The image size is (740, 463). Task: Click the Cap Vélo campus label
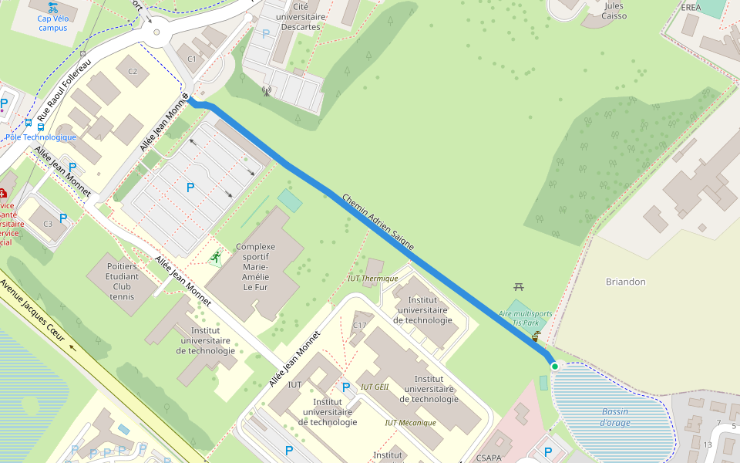coord(52,23)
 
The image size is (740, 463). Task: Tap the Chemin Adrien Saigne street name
coord(378,222)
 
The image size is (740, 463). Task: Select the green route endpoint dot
coord(554,365)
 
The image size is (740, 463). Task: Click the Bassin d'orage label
coord(616,417)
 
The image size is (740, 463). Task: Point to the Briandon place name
coord(625,282)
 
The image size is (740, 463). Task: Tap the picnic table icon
coord(518,287)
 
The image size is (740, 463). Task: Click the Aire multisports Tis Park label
coord(525,318)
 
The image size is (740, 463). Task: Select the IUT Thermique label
coord(372,279)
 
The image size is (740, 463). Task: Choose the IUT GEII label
coord(375,387)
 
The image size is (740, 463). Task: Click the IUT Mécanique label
coord(410,423)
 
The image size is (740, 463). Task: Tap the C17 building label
coord(359,326)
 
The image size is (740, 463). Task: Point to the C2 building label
coord(133,72)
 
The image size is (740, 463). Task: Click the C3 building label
coord(48,224)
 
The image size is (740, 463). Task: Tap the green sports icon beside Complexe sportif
coord(217,257)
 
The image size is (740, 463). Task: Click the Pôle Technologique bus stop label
coord(41,137)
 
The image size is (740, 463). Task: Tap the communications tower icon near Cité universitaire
coord(267,91)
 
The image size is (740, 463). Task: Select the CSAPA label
coord(489,458)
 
